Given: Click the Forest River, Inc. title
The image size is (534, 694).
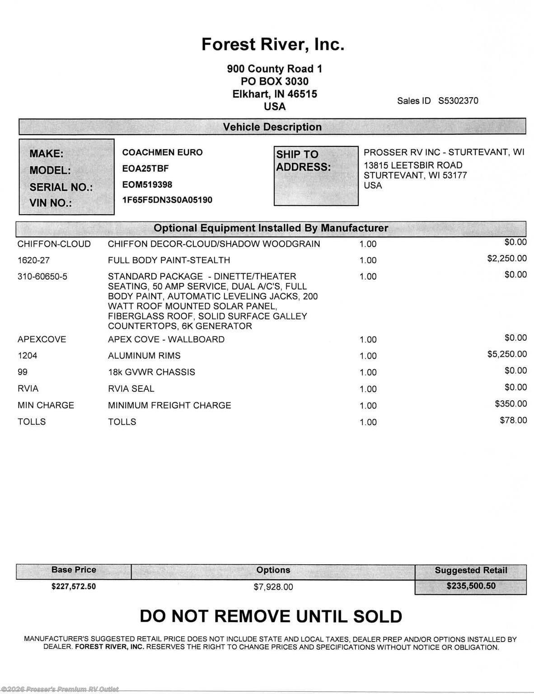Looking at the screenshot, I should click(272, 45).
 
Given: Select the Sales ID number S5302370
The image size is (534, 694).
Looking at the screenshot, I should click(458, 101).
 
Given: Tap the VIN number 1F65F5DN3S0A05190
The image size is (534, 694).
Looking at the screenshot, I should click(167, 200).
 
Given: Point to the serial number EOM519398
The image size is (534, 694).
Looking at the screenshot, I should click(147, 184).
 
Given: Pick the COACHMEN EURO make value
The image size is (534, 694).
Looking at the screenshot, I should click(162, 152).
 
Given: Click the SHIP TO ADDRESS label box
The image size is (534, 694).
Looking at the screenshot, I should click(316, 175).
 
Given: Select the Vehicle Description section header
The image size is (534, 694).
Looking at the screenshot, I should click(272, 127).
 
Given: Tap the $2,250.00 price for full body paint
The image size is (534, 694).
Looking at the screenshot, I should click(506, 258).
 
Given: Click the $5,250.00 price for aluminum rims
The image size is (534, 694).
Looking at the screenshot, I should click(506, 354).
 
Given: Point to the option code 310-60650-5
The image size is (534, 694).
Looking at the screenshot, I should click(42, 277).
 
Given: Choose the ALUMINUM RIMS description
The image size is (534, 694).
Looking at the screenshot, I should click(144, 356).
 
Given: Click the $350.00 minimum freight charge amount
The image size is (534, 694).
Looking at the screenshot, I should click(511, 403).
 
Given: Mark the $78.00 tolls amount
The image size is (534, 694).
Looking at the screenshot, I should click(513, 420).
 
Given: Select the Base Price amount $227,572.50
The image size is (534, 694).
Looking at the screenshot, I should click(74, 586).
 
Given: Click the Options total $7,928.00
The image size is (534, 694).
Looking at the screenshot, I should click(273, 587).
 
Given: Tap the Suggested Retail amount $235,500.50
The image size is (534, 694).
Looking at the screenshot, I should click(471, 586).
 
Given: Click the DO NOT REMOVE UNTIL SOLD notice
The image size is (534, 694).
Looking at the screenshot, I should click(271, 616).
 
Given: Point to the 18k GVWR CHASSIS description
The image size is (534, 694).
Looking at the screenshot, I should click(151, 372).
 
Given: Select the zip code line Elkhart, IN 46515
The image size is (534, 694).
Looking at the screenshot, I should click(275, 94).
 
